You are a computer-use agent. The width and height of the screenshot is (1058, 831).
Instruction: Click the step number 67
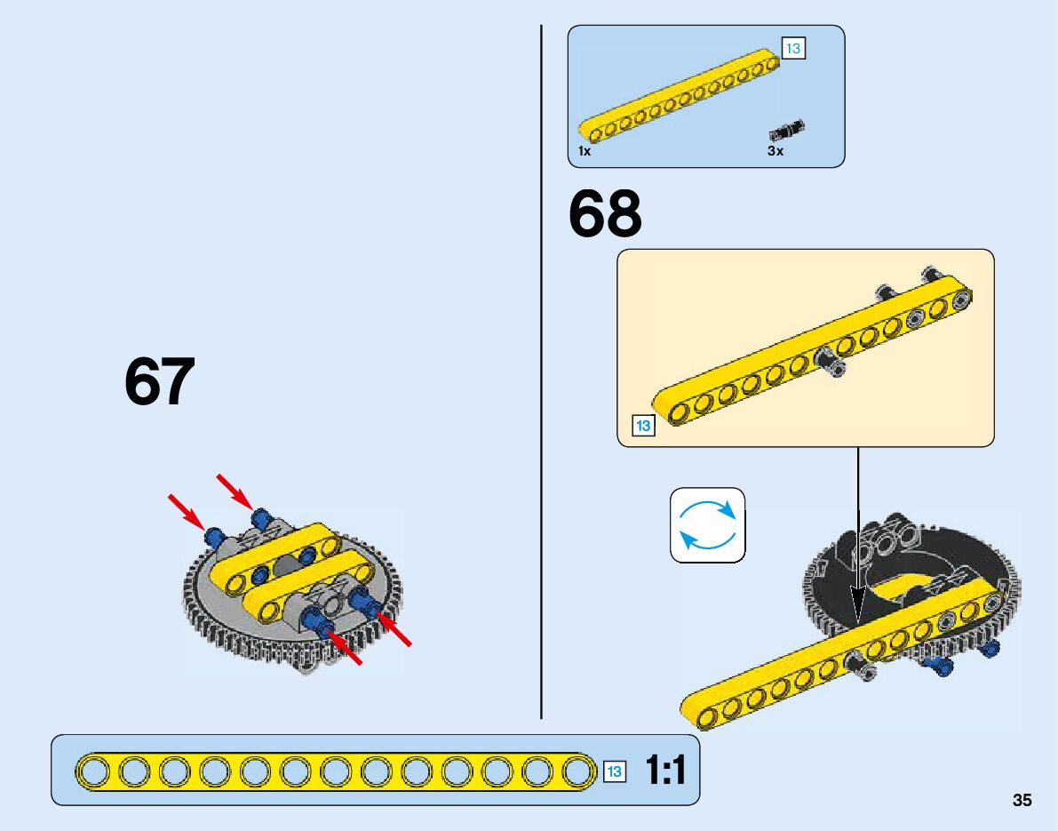(159, 383)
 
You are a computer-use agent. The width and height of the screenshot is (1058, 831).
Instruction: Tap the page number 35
(1022, 801)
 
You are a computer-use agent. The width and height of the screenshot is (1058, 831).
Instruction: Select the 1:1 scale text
(666, 771)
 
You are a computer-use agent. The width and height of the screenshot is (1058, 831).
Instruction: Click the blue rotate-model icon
(708, 525)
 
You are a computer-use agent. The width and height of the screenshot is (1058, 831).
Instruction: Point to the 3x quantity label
(776, 151)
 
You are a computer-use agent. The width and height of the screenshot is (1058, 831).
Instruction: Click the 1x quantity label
(585, 151)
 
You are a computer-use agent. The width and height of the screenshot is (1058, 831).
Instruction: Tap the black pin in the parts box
(786, 130)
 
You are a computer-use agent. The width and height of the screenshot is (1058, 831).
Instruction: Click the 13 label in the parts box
(792, 48)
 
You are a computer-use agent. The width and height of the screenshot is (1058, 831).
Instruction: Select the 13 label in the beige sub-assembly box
(642, 426)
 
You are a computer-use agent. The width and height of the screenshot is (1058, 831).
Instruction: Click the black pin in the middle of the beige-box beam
(827, 362)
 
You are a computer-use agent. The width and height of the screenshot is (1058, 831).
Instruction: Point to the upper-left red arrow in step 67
(185, 511)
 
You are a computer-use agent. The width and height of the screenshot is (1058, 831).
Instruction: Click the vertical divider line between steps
(541, 373)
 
